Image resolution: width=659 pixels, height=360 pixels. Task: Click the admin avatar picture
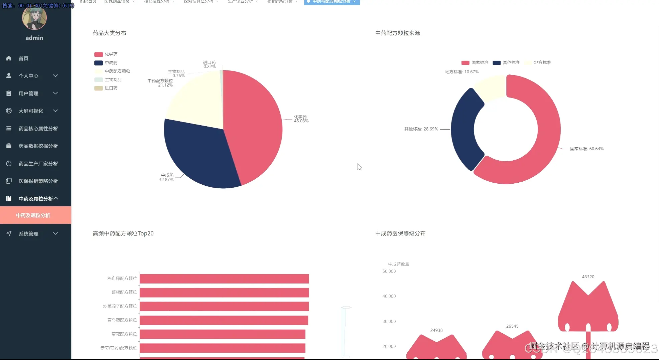(x=34, y=18)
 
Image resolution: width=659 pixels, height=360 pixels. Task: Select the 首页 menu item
(x=23, y=58)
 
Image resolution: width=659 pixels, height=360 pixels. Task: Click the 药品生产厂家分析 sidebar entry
(x=38, y=164)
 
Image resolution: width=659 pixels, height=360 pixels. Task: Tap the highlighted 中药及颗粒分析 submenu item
(x=33, y=215)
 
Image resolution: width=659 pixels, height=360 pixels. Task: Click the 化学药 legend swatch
(x=99, y=54)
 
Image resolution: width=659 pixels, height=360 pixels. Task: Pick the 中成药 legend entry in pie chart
(x=111, y=63)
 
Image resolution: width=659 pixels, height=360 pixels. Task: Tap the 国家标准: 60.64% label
(x=587, y=149)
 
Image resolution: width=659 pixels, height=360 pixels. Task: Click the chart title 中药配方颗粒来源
(x=398, y=33)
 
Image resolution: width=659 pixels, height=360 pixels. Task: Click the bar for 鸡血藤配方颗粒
(x=224, y=279)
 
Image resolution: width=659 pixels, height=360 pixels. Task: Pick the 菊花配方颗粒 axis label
(x=124, y=334)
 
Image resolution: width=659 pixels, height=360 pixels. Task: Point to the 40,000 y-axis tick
(x=389, y=296)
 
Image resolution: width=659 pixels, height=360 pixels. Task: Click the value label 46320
(x=588, y=277)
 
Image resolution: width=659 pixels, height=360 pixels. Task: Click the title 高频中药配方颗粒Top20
(x=123, y=233)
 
